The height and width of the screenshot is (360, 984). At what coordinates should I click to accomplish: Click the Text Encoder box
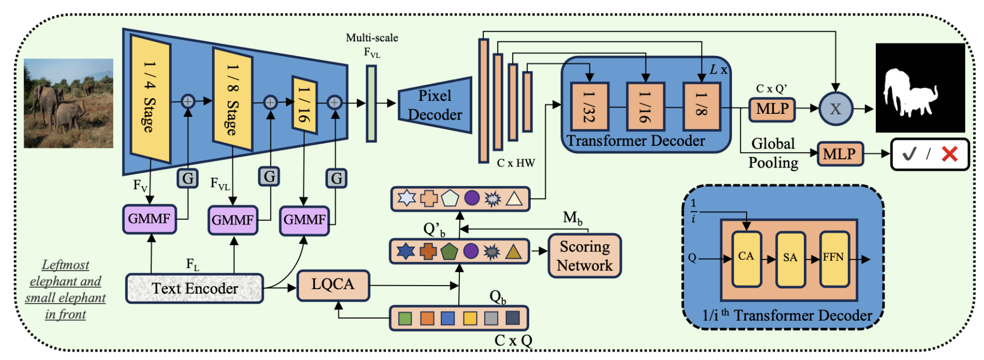[x=195, y=288]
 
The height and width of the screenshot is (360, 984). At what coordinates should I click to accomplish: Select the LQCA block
[x=333, y=285]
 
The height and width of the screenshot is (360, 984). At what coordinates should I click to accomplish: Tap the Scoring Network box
[x=585, y=256]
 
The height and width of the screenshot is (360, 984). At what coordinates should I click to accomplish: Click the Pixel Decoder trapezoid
[x=435, y=105]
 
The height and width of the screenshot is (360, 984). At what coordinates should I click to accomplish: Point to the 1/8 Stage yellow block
[x=232, y=99]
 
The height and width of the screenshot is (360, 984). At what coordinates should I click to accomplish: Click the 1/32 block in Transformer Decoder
[x=589, y=107]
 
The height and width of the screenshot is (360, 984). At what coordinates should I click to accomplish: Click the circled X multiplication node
[x=836, y=109]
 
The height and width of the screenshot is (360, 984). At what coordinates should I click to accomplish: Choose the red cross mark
[x=949, y=154]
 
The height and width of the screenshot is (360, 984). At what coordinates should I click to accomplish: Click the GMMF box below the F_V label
[x=149, y=219]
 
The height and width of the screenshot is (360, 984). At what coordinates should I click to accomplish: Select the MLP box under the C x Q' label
[x=772, y=109]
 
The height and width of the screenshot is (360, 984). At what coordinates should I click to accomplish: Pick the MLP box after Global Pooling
[x=840, y=154]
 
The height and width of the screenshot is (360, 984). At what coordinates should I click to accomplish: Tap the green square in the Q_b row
[x=405, y=318]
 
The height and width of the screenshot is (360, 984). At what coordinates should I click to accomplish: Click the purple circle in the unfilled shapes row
[x=471, y=198]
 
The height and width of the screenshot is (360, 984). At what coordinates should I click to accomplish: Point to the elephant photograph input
[x=68, y=103]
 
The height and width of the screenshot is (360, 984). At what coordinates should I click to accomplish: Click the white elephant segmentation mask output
[x=920, y=88]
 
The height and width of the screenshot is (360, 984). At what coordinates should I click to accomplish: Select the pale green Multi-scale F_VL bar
[x=371, y=103]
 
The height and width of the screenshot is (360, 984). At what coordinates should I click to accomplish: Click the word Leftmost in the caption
[x=65, y=265]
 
